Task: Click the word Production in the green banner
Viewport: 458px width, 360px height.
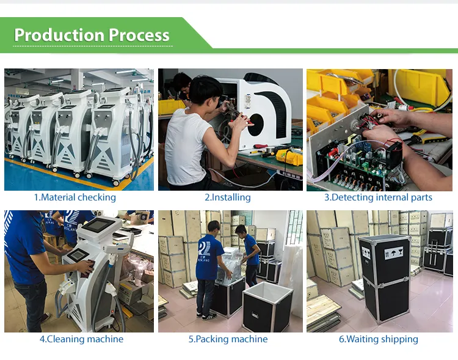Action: tap(59, 35)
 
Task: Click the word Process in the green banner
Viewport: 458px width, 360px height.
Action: tap(139, 35)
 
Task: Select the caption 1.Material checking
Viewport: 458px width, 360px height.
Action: tap(75, 197)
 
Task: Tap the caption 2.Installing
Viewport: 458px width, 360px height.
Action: tap(228, 197)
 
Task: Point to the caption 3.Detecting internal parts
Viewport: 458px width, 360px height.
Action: tap(378, 197)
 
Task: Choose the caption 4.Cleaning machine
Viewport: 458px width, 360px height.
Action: tap(81, 339)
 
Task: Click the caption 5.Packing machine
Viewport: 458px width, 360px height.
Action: tap(228, 339)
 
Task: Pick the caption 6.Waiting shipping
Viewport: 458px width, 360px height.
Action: tap(379, 339)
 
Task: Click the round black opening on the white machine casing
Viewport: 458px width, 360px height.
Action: tap(256, 125)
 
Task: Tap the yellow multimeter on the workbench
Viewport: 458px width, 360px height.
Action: tap(289, 156)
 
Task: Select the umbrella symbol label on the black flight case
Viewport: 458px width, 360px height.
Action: tap(393, 252)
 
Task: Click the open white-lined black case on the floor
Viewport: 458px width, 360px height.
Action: tap(267, 307)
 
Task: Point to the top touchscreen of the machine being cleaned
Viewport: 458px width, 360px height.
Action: tap(98, 224)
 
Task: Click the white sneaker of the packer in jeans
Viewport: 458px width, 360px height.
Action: tap(209, 317)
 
